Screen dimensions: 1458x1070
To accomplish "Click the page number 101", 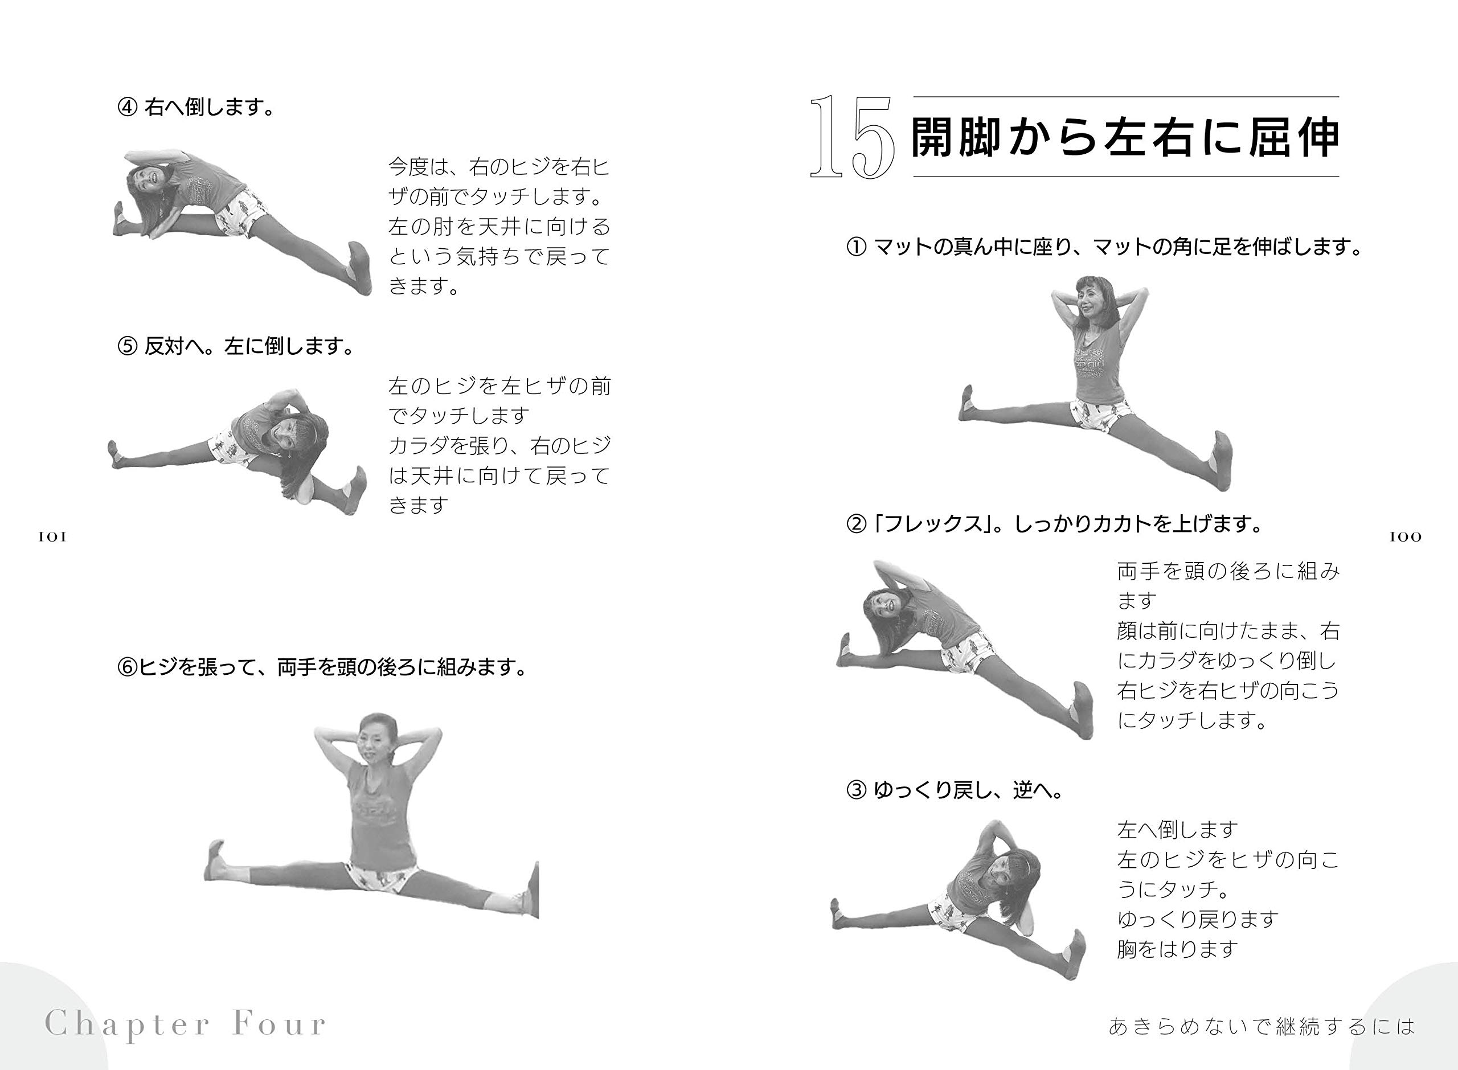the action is tap(52, 537).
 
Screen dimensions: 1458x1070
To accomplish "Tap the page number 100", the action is tap(1406, 537).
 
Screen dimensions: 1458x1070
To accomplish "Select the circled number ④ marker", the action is tap(128, 107).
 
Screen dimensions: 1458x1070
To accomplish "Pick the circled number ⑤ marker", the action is tap(128, 347).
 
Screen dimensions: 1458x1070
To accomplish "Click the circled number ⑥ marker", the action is tap(128, 667).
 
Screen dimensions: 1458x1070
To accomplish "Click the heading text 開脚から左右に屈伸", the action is tap(1125, 137).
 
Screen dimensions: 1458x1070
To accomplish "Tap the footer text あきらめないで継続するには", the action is tap(1262, 1026).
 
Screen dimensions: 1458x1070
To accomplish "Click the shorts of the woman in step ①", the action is tap(1102, 415).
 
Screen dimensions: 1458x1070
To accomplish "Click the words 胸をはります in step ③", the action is tap(1178, 949).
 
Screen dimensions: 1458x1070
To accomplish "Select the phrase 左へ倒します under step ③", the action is tap(1178, 830).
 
